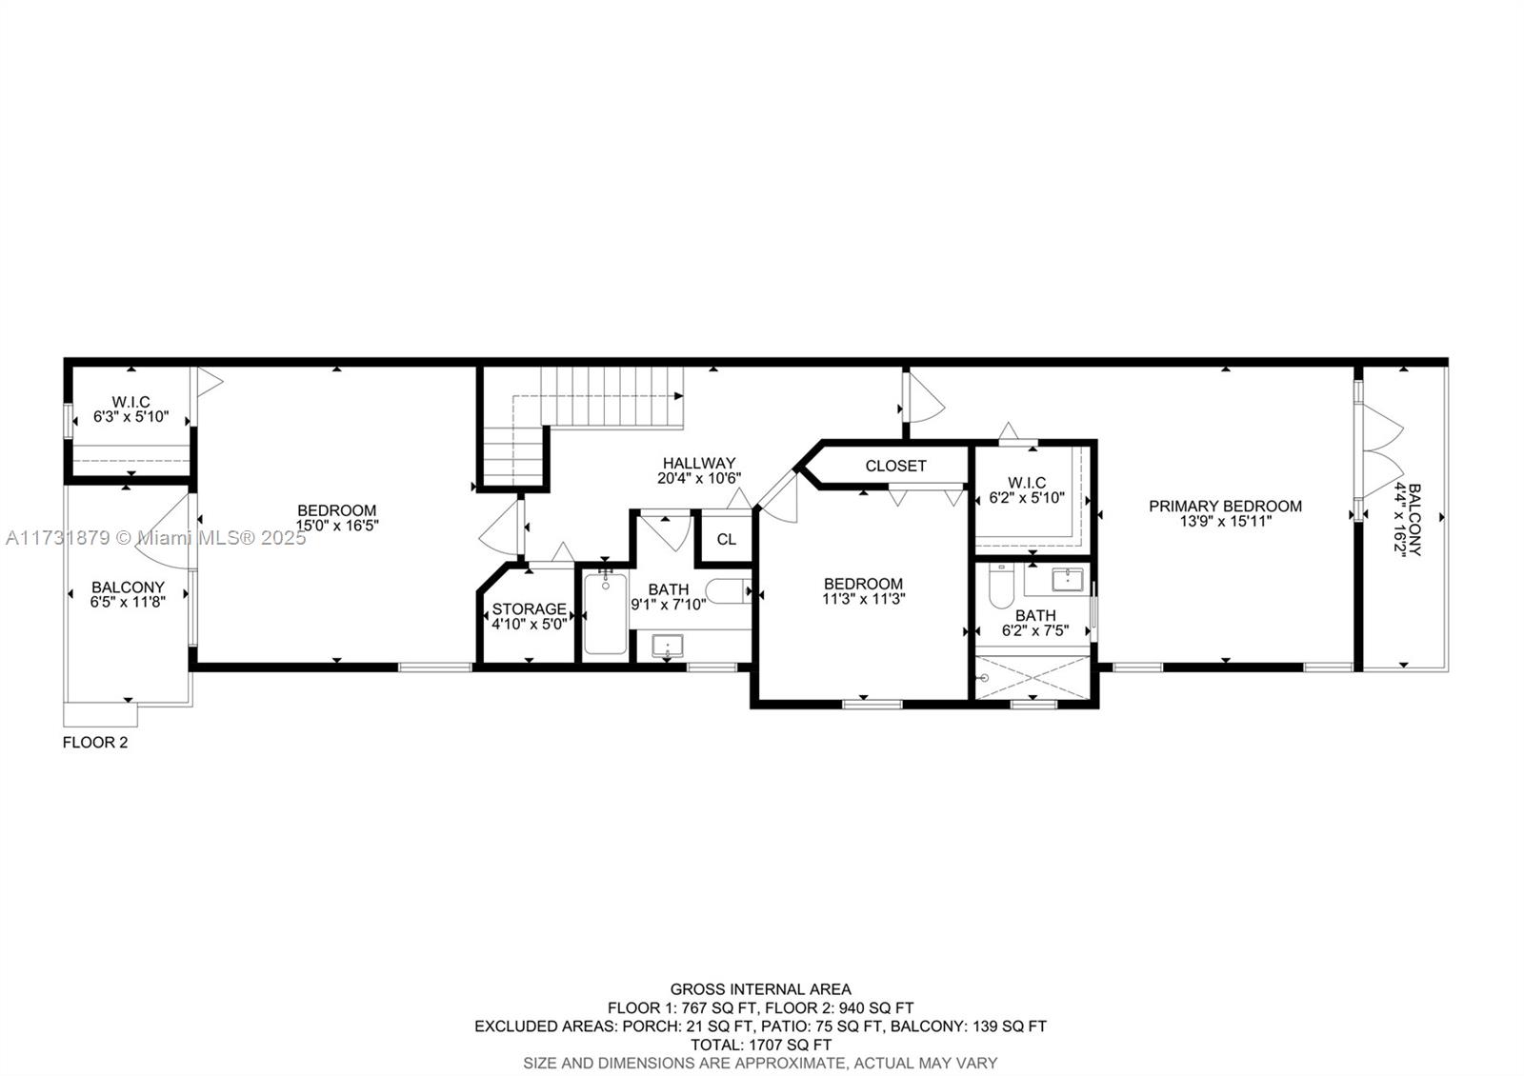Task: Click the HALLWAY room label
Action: coord(699,463)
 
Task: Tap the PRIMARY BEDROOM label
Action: coord(1225,506)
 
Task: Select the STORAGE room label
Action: coord(530,608)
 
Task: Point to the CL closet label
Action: coord(726,539)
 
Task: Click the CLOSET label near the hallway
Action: coord(895,466)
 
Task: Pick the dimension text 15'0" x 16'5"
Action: coord(337,525)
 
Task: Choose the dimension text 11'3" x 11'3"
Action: coord(863,599)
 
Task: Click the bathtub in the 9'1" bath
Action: coord(605,614)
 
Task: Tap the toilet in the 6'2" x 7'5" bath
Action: coord(1001,586)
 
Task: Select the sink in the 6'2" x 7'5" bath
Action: coord(1067,580)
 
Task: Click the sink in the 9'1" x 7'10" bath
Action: coord(668,646)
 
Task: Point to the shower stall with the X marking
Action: coord(1033,677)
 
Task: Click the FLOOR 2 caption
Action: coord(95,743)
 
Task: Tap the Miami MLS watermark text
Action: coord(156,538)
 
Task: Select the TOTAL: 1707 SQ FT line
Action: coord(761,1045)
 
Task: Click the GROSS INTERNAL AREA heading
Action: coord(761,989)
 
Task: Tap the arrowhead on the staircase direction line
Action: coord(678,396)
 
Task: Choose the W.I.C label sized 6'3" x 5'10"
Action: coord(131,409)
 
